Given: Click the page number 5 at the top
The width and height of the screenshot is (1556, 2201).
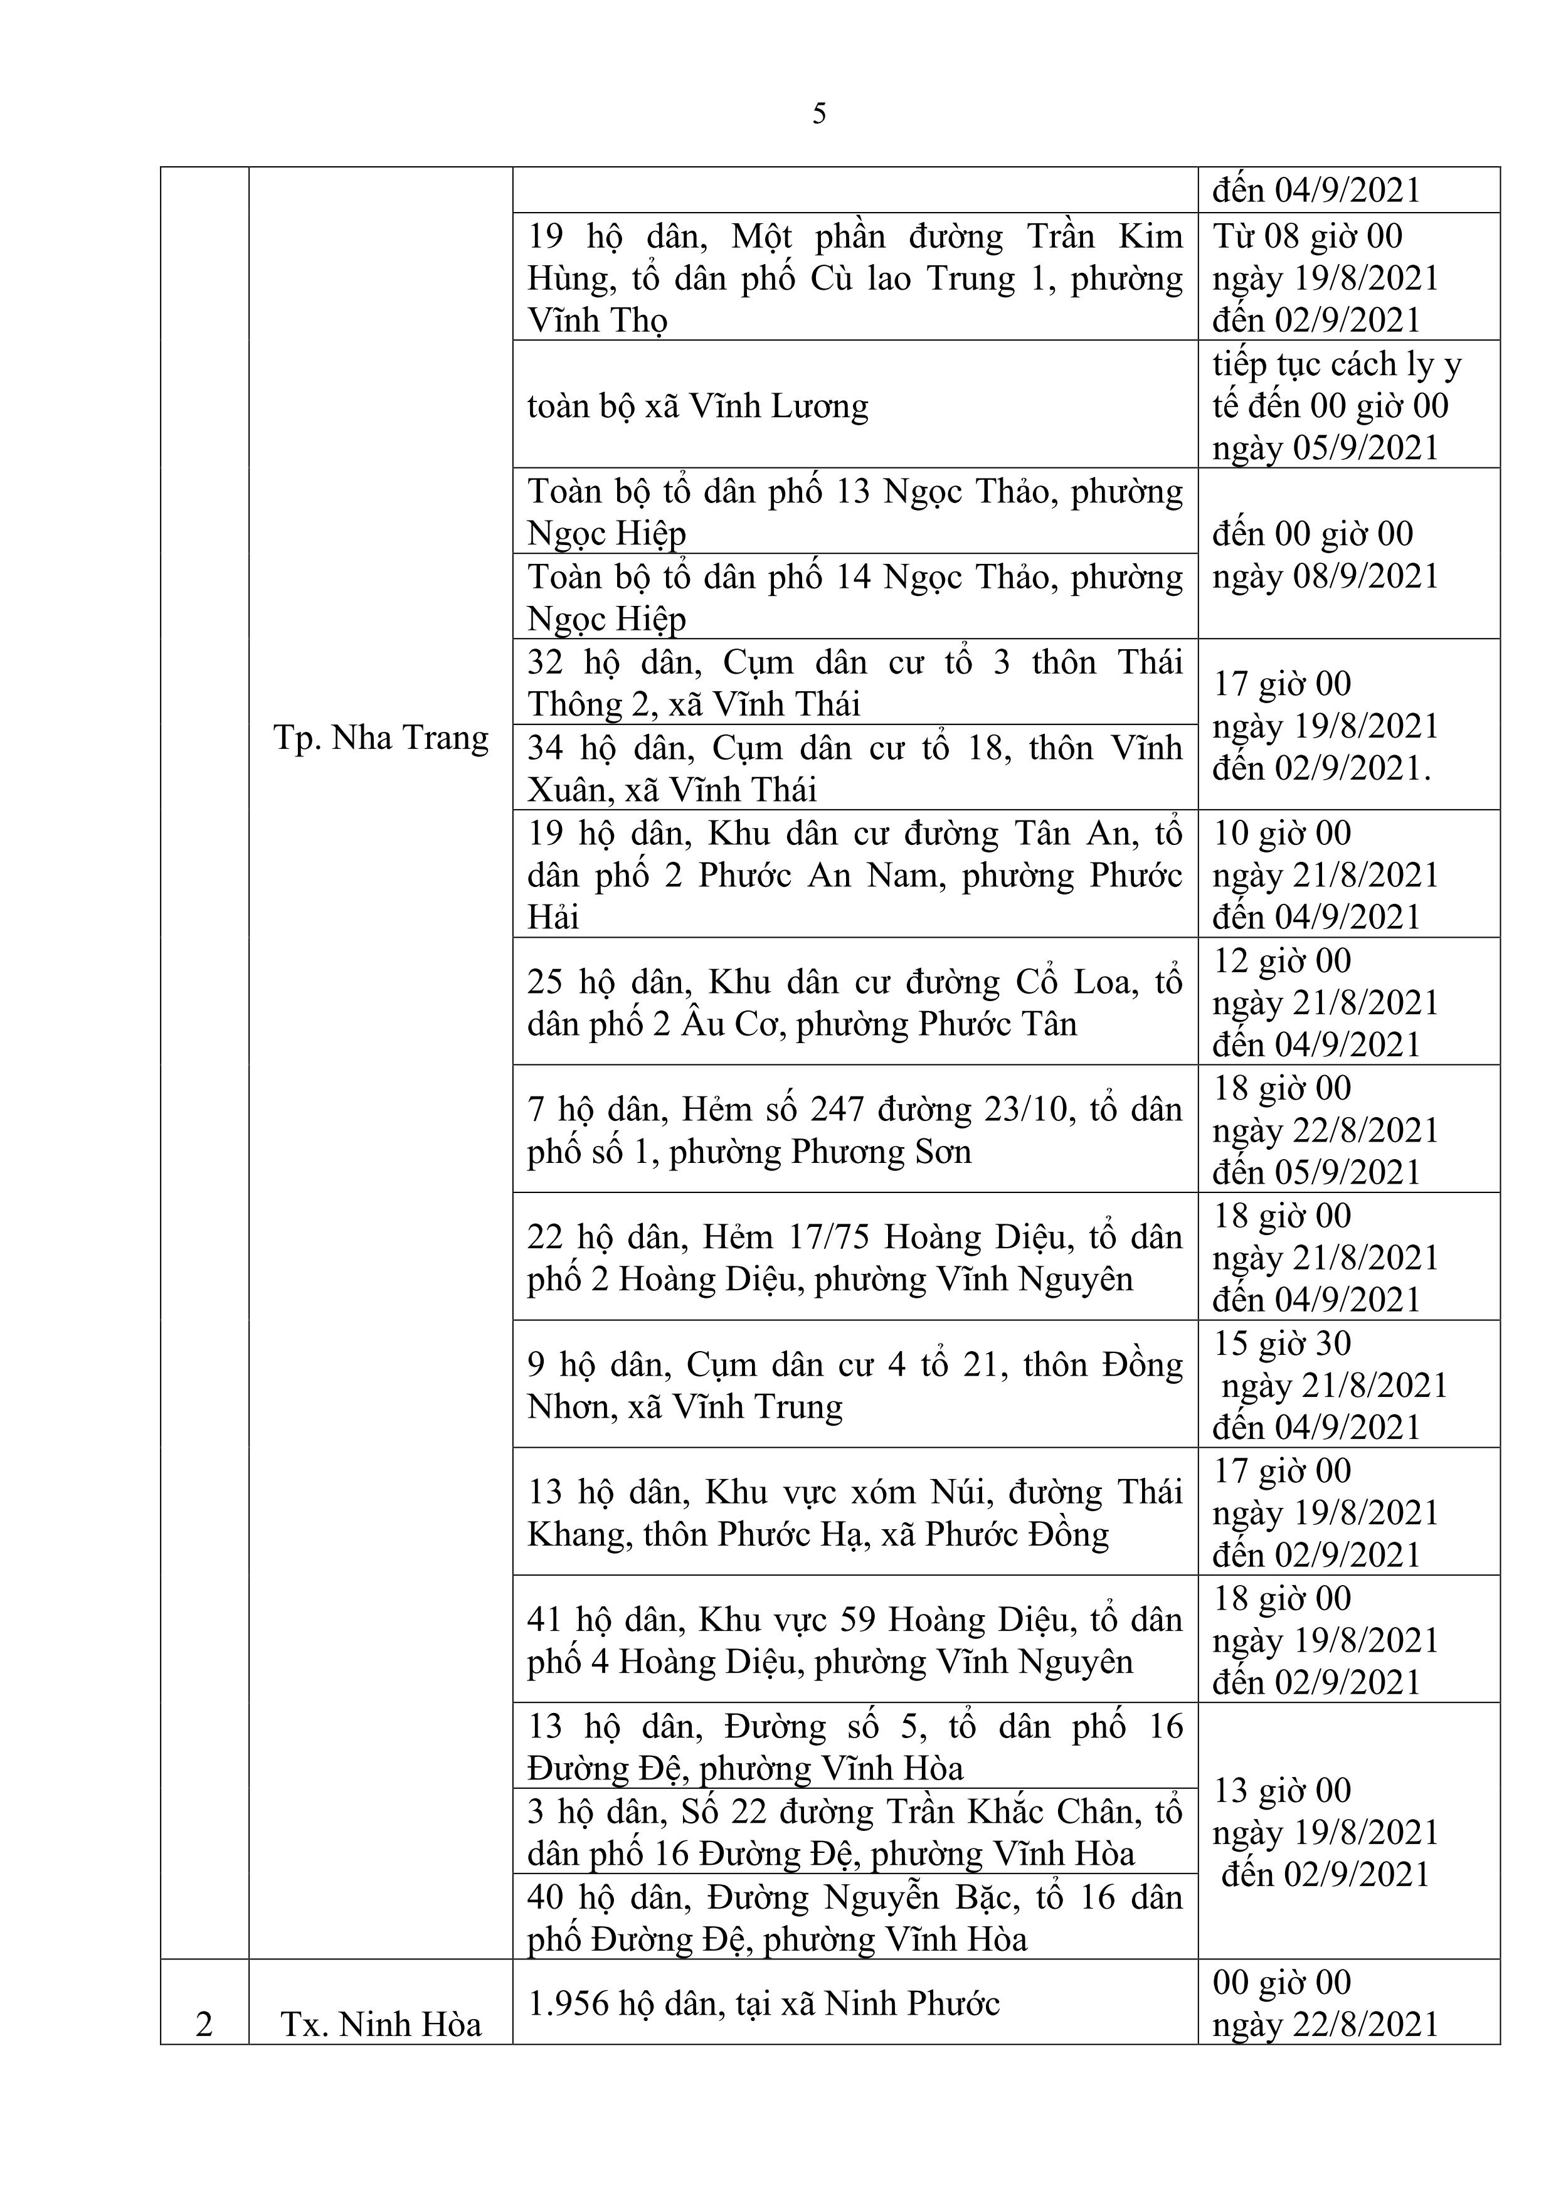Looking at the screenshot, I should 818,114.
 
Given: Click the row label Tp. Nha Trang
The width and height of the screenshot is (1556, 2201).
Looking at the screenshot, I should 381,738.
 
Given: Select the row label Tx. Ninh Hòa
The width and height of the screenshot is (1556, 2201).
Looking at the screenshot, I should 381,2023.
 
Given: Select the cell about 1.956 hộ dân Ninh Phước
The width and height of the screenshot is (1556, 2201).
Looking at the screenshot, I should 763,2003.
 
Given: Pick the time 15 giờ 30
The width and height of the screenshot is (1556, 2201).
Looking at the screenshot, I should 1282,1343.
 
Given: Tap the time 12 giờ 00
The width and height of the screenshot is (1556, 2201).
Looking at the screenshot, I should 1282,960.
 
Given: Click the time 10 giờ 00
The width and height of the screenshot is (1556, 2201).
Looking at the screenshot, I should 1282,833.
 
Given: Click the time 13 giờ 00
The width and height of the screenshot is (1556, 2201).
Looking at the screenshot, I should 1282,1790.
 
